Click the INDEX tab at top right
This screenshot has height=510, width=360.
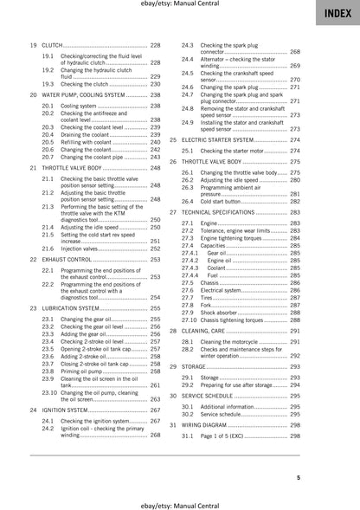point(337,13)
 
